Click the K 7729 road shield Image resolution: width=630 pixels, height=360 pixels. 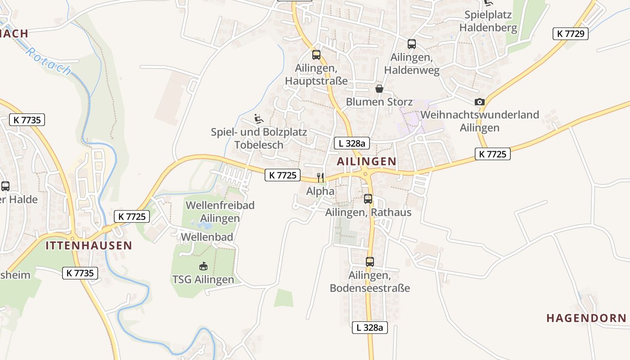click(x=570, y=33)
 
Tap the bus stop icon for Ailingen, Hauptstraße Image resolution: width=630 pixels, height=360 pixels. click(x=316, y=55)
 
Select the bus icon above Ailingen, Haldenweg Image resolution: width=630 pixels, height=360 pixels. click(x=412, y=44)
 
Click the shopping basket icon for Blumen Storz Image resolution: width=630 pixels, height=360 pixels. click(x=379, y=89)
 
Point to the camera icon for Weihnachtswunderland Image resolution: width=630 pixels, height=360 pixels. click(x=480, y=102)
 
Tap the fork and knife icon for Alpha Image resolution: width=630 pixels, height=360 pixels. click(x=320, y=177)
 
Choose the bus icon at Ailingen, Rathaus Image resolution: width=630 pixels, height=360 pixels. click(x=368, y=198)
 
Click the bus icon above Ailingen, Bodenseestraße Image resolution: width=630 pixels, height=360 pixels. click(x=370, y=261)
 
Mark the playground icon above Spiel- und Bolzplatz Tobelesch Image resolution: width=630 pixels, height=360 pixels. click(x=259, y=119)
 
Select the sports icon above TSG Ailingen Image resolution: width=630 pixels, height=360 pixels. click(x=203, y=266)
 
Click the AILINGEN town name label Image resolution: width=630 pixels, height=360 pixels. click(x=367, y=161)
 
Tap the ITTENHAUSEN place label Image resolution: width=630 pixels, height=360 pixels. click(x=89, y=245)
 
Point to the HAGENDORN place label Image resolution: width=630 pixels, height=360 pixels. click(x=586, y=318)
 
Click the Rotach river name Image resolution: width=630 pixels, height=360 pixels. click(x=48, y=61)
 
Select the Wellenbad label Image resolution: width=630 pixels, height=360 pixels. click(x=207, y=237)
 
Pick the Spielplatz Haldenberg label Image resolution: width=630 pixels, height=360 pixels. click(x=488, y=21)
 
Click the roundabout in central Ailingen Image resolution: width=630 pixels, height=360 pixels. click(x=365, y=174)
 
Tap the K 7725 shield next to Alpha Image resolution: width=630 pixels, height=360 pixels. click(x=282, y=175)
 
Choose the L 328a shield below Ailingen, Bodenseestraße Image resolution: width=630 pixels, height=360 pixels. click(x=369, y=328)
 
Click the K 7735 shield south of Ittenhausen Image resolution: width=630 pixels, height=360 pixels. click(x=80, y=273)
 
